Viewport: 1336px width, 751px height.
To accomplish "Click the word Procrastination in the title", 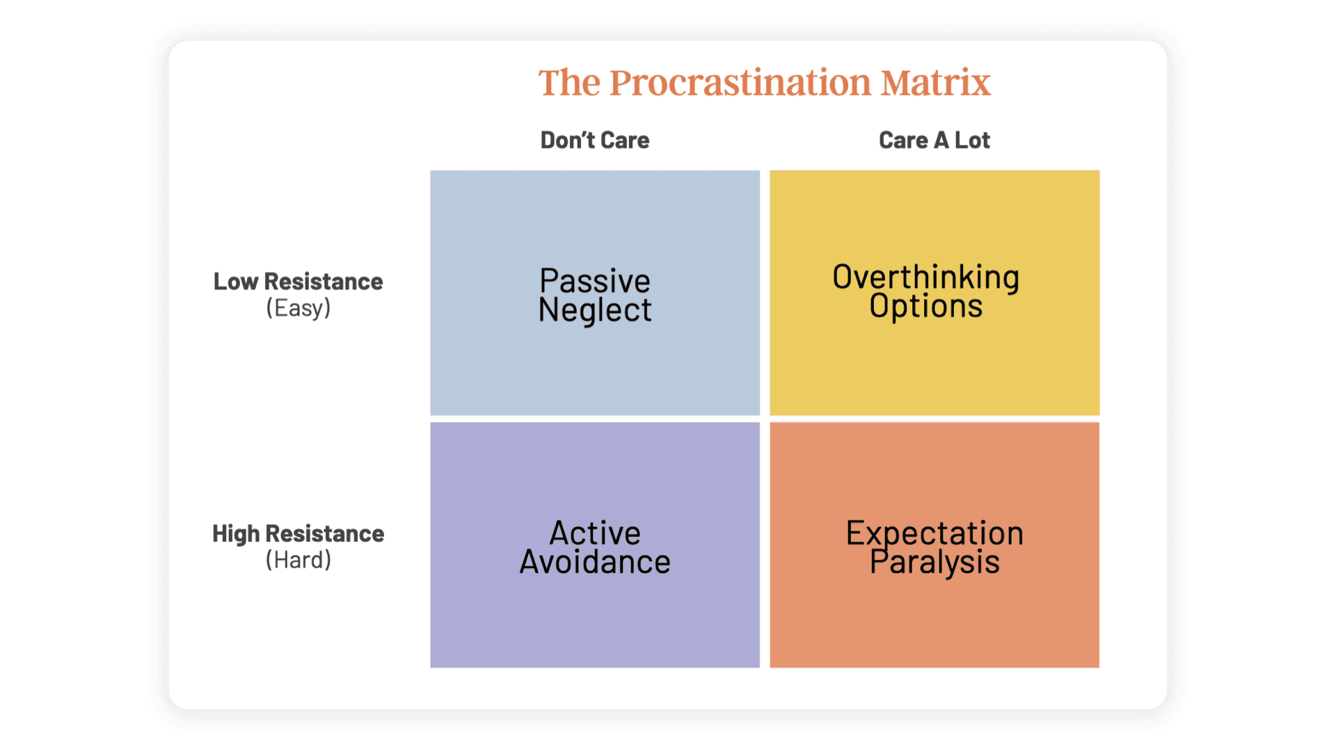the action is click(740, 82).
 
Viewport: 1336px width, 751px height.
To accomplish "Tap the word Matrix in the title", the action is click(935, 82).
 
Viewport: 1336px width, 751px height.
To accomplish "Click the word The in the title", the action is click(569, 82).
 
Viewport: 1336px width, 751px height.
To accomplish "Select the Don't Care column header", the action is click(595, 140).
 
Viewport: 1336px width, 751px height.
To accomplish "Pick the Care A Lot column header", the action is click(935, 140).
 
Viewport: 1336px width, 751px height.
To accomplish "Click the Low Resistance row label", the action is click(298, 282).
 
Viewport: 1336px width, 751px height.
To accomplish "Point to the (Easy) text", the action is click(298, 308).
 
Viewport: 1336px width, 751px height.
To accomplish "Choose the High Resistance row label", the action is click(298, 534).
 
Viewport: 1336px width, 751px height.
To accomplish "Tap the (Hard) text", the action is click(298, 560).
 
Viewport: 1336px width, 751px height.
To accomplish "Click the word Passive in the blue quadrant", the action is click(595, 281).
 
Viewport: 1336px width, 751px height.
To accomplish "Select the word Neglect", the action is click(595, 311).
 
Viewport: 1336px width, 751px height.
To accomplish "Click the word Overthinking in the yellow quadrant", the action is click(926, 277).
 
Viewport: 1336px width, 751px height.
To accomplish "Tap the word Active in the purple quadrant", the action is click(595, 533).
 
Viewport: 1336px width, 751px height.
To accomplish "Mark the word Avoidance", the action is click(595, 562).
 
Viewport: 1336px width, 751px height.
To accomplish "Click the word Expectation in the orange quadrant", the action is click(935, 533).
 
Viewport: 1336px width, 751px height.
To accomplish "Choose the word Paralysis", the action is click(935, 563).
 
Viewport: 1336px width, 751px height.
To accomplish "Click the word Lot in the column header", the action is click(972, 140).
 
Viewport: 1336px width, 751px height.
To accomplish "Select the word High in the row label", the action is click(236, 534).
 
